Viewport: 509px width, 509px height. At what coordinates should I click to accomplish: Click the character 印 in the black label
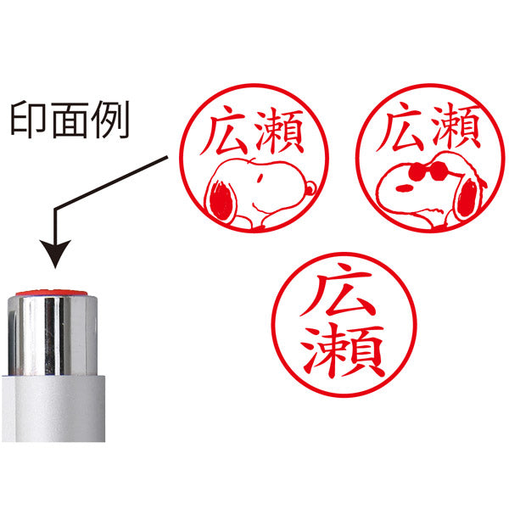(x=27, y=120)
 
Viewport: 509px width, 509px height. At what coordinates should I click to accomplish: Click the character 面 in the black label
(x=70, y=120)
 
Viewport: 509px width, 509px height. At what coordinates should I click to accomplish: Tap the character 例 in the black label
(x=110, y=120)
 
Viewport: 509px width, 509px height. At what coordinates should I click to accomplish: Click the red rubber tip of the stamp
(x=51, y=293)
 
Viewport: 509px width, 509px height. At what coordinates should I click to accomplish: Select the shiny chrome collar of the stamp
(x=53, y=335)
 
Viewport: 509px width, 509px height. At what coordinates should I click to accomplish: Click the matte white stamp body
(x=53, y=408)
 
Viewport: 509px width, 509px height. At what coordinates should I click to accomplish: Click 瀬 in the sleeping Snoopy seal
(x=279, y=131)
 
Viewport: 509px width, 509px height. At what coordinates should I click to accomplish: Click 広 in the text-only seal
(x=338, y=290)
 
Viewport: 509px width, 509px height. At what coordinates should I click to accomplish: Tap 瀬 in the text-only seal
(x=343, y=351)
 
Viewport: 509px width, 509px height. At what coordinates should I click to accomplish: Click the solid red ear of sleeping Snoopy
(x=221, y=200)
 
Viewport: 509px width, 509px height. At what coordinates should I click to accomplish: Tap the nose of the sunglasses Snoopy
(x=404, y=187)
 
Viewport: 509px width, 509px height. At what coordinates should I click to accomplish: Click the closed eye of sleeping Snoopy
(x=260, y=178)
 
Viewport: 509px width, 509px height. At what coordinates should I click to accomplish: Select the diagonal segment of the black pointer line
(x=111, y=182)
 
